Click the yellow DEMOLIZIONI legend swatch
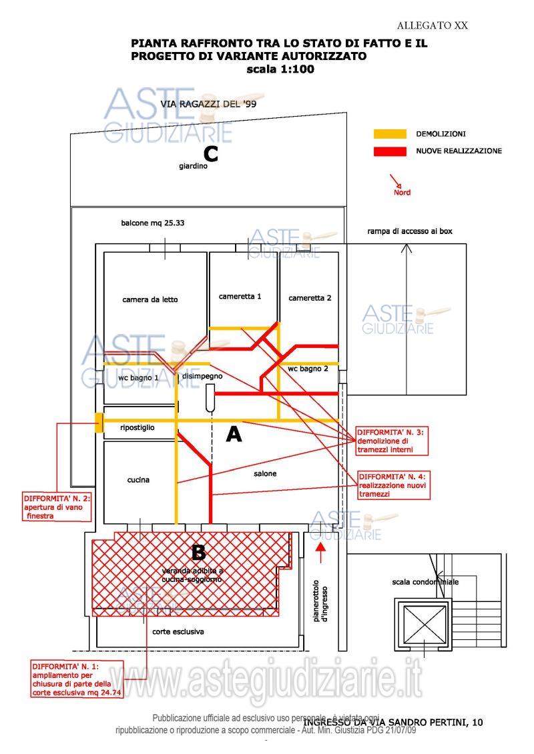pos(390,134)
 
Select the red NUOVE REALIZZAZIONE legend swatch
pos(390,151)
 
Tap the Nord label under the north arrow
pos(402,193)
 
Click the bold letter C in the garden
pos(211,155)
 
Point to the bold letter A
pos(234,435)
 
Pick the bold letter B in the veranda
pos(198,552)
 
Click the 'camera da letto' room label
pos(150,299)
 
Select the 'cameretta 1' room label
pos(240,296)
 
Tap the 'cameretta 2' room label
pos(310,298)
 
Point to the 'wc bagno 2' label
pos(308,369)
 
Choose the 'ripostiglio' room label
pos(138,427)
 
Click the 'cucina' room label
pos(138,479)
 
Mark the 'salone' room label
pos(264,473)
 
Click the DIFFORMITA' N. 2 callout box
pos(57,507)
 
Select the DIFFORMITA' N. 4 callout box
pos(393,485)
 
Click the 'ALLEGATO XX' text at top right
pos(432,26)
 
